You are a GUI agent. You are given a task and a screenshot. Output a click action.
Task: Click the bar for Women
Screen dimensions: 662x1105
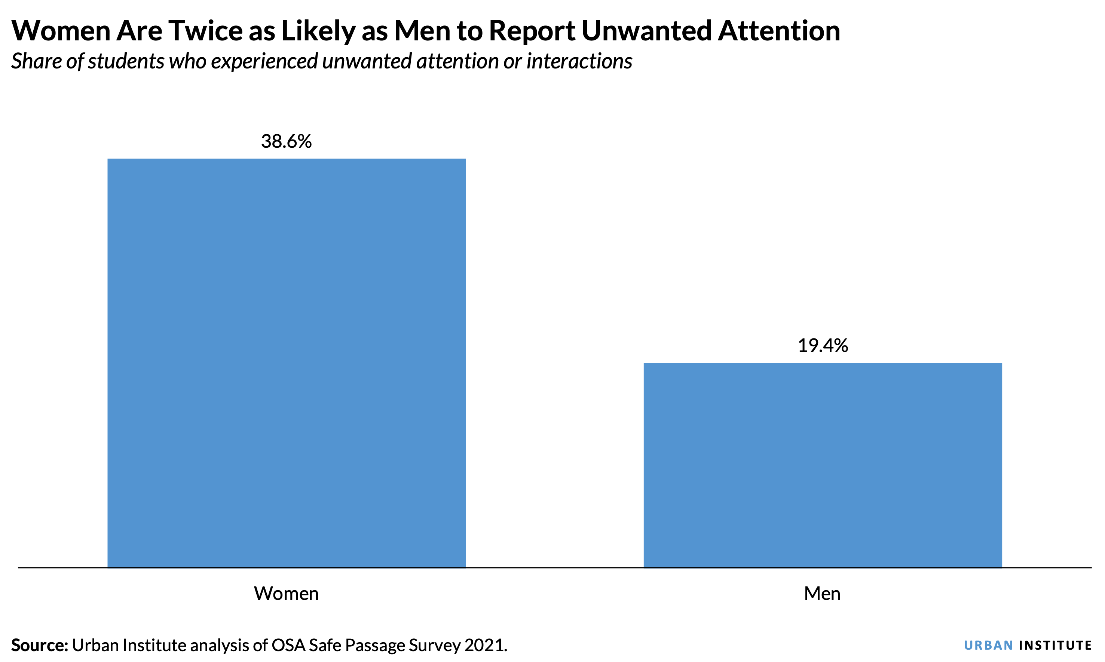[287, 363]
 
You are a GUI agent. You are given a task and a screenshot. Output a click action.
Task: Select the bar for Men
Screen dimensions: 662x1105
[823, 465]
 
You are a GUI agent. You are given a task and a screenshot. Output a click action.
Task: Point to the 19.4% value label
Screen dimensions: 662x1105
[823, 346]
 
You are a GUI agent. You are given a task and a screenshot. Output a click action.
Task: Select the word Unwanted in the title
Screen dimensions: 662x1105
[646, 31]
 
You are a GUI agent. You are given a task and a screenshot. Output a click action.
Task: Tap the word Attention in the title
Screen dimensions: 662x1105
[779, 31]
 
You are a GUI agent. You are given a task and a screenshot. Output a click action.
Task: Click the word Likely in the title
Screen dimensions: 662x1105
[318, 31]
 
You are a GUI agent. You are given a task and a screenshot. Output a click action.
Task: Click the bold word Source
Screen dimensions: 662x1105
[39, 646]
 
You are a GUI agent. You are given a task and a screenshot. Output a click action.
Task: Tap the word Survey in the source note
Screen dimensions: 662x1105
[435, 646]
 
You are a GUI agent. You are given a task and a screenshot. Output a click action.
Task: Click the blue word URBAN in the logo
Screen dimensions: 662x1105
[988, 646]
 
